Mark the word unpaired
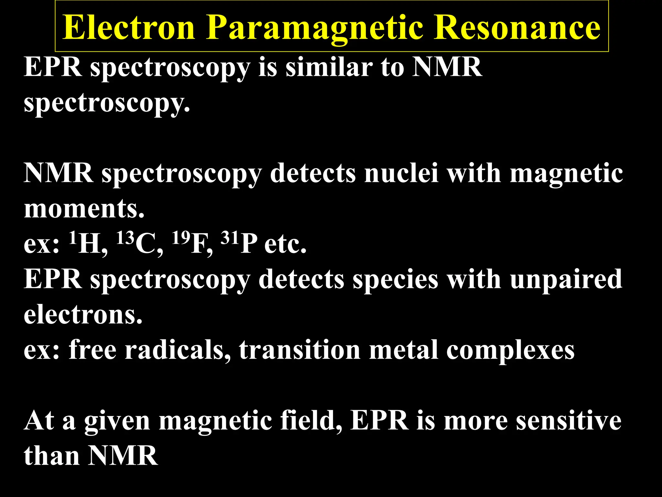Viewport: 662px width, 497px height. (x=566, y=280)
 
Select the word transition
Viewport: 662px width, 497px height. (x=299, y=350)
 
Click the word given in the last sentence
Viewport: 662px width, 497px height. (x=117, y=422)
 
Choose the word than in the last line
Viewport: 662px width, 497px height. (x=52, y=456)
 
